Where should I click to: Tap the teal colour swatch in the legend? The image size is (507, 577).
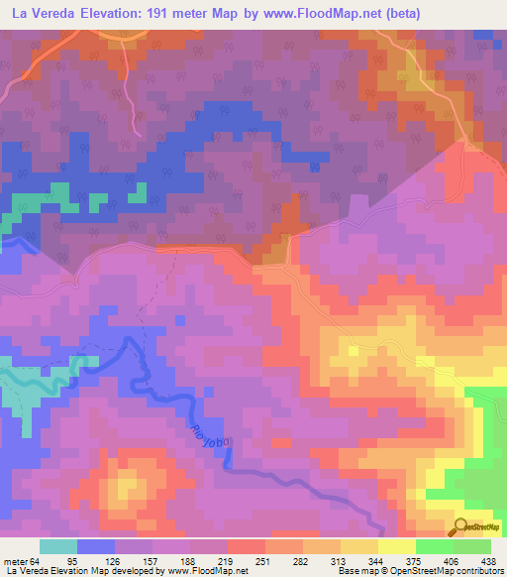(x=58, y=546)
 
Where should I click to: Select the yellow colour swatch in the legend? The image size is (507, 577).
(x=396, y=546)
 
